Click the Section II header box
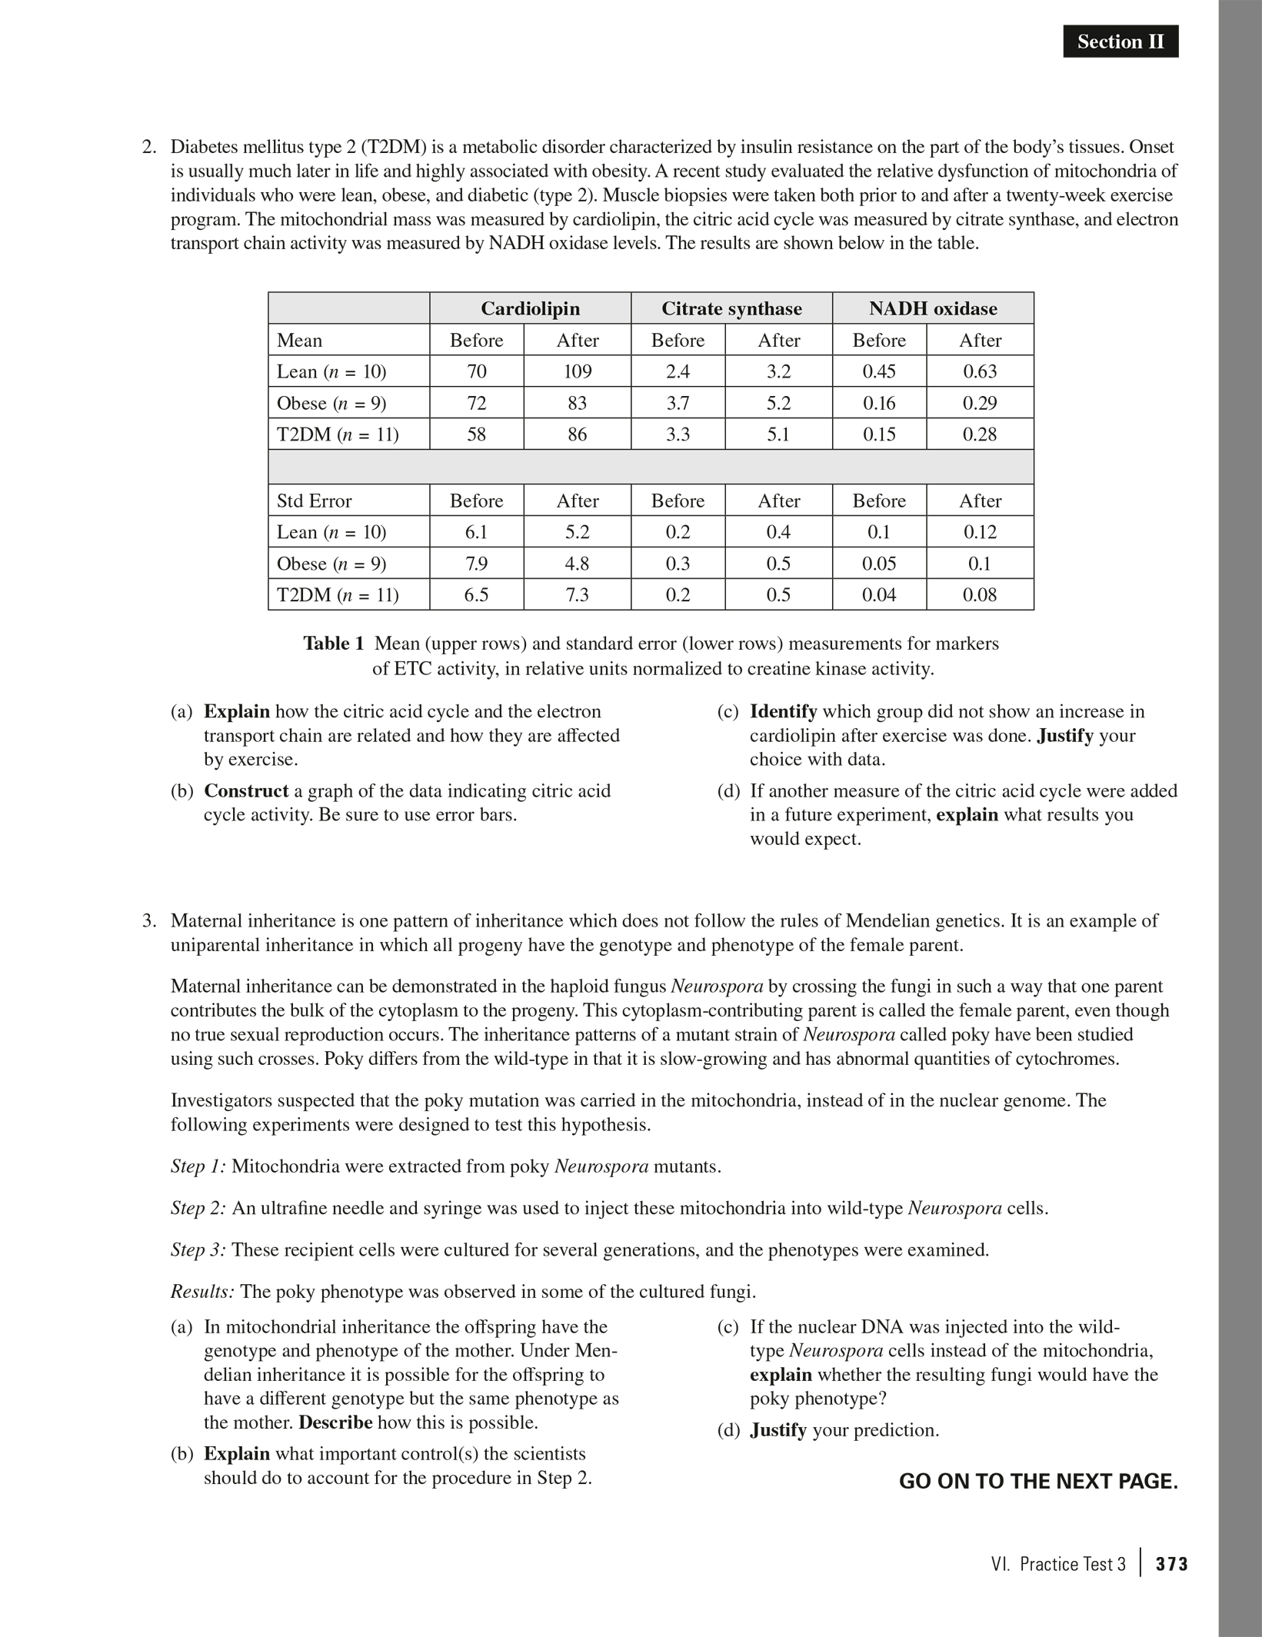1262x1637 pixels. [x=1120, y=42]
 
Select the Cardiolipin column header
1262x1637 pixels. [x=530, y=308]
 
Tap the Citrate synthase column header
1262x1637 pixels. [x=731, y=308]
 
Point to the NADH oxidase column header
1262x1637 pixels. [x=933, y=308]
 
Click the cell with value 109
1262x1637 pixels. [x=578, y=371]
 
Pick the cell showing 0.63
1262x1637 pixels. [x=980, y=371]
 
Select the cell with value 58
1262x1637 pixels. [x=477, y=434]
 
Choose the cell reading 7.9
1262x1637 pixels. [x=477, y=564]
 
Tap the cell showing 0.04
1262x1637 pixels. [x=879, y=594]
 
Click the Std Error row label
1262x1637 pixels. [x=314, y=501]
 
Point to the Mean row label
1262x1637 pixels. [x=299, y=340]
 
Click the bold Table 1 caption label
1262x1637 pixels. [x=334, y=644]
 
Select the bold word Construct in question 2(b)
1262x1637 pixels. [x=246, y=790]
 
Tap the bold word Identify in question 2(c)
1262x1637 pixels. [x=783, y=711]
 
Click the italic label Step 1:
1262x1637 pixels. [x=198, y=1166]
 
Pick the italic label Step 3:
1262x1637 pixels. [x=198, y=1249]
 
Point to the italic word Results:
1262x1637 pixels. [x=202, y=1291]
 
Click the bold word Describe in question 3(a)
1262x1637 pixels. [x=335, y=1422]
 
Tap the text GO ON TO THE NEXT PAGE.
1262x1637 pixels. [x=1038, y=1481]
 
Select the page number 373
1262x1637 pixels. [x=1172, y=1564]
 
